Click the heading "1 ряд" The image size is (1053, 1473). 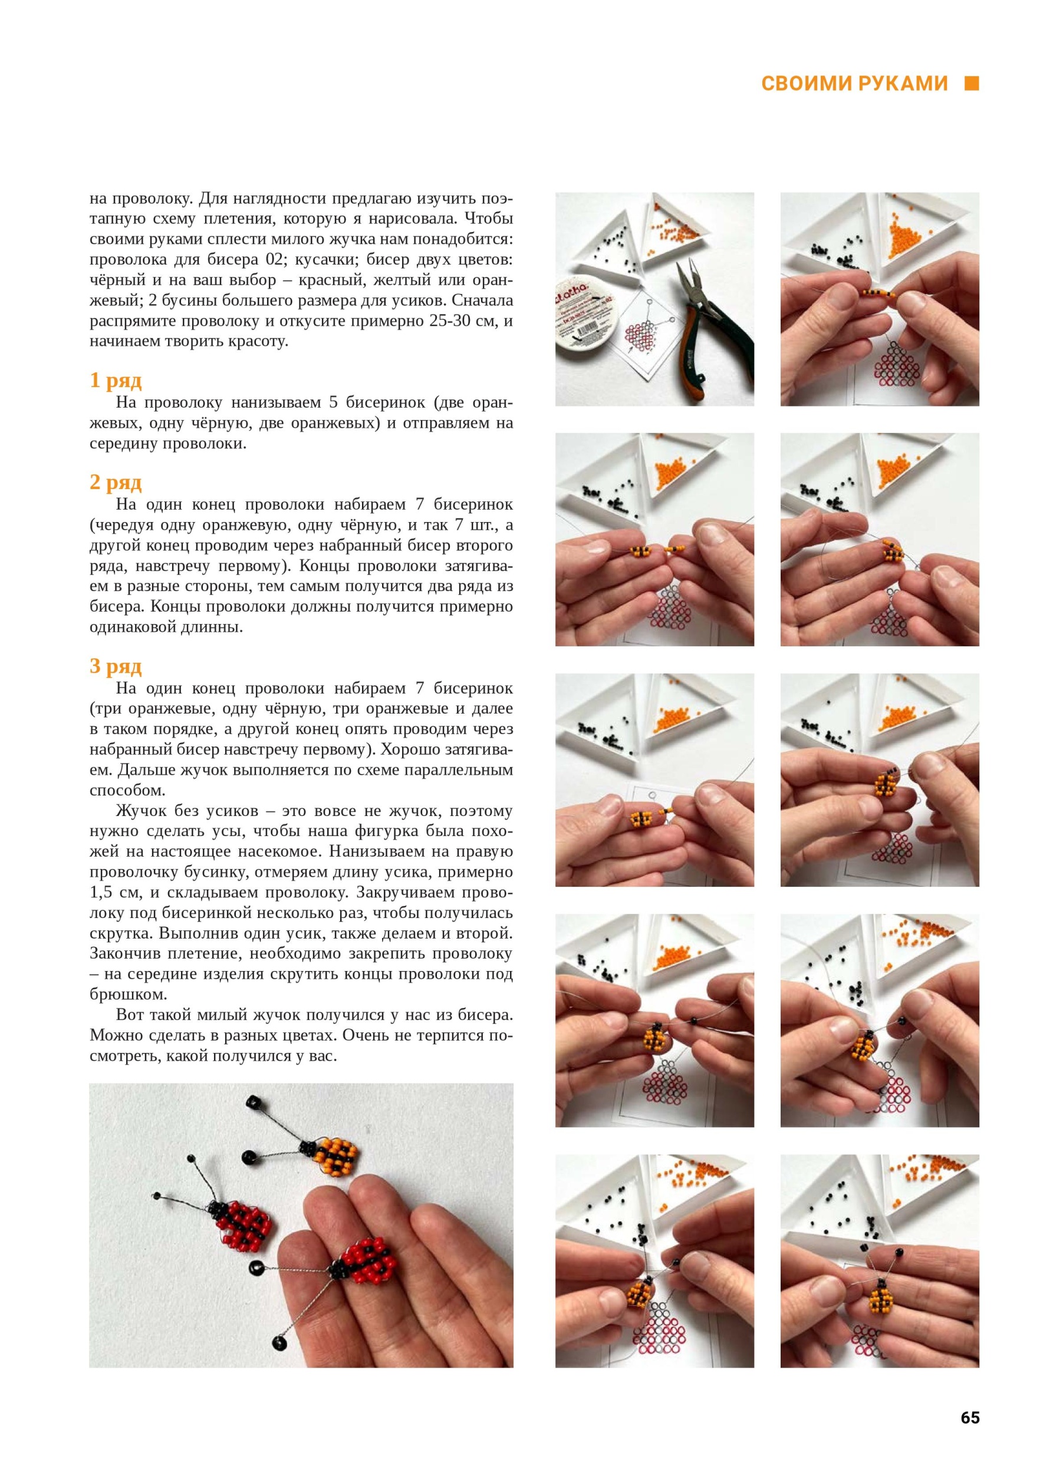tap(116, 381)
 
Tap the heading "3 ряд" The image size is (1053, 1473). tap(116, 666)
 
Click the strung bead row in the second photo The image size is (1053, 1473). tap(878, 294)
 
